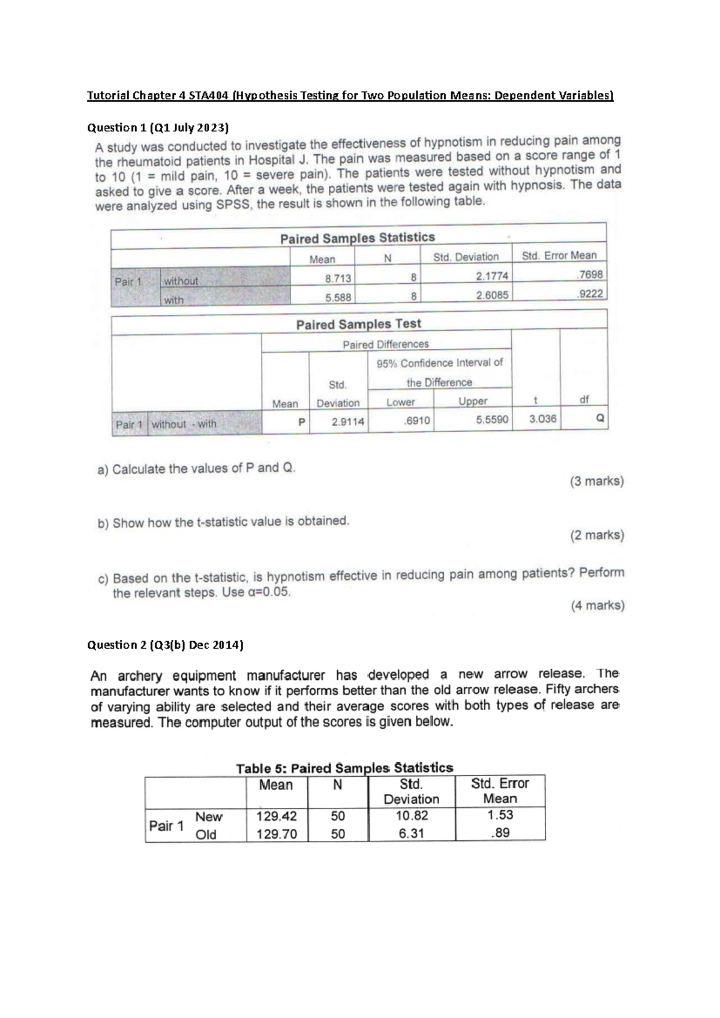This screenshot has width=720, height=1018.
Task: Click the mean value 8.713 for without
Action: pos(338,279)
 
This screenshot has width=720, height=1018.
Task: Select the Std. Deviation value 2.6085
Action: pos(492,295)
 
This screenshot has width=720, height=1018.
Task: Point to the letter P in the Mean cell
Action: pos(302,422)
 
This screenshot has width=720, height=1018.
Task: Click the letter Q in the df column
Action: pos(600,418)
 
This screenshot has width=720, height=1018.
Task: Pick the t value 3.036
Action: pos(542,419)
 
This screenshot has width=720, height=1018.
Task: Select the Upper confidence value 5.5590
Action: pos(492,420)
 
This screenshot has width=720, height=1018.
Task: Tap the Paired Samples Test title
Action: pos(358,324)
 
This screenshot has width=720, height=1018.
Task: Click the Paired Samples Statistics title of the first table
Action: pos(357,238)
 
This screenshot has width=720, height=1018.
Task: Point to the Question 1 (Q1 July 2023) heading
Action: pos(158,128)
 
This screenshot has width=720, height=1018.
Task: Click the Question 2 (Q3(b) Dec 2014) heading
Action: pos(166,645)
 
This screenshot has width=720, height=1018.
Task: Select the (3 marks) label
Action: pos(596,481)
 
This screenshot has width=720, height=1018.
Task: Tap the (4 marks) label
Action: pos(597,605)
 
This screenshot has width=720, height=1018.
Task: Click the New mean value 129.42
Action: pos(276,816)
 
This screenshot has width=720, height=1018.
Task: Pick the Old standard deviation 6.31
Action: pos(411,833)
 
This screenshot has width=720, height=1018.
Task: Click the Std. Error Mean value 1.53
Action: pos(500,815)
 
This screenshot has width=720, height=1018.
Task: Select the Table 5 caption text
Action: pos(344,768)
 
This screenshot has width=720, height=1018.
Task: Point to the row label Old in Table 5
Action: pos(206,834)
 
